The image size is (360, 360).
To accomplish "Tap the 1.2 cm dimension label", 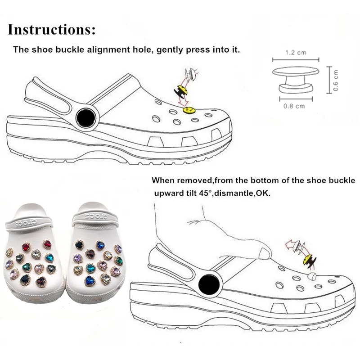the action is coord(296,53).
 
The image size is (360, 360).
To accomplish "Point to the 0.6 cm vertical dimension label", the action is coord(336,80).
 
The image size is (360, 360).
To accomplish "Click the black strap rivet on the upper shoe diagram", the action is coord(84,118).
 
